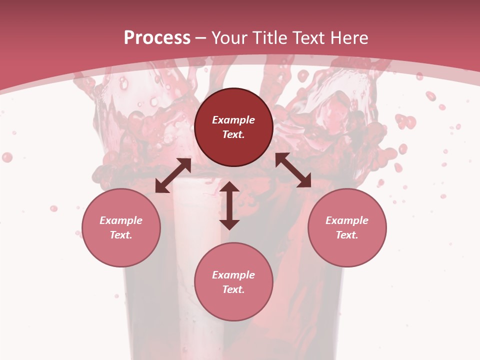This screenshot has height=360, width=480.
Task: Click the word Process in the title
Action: (157, 38)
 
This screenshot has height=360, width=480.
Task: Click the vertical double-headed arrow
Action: (229, 205)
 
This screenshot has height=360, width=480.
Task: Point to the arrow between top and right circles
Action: (293, 170)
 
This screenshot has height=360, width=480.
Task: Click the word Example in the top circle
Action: (233, 120)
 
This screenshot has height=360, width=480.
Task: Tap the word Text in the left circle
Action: (121, 235)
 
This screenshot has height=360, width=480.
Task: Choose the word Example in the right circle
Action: (347, 220)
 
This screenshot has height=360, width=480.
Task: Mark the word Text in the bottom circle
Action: (233, 289)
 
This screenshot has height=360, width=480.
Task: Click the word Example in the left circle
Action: (121, 220)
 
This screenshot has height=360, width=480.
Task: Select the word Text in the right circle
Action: (347, 235)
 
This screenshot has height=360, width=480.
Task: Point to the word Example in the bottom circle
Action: (233, 275)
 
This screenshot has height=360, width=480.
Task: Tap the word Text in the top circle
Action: (233, 134)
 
